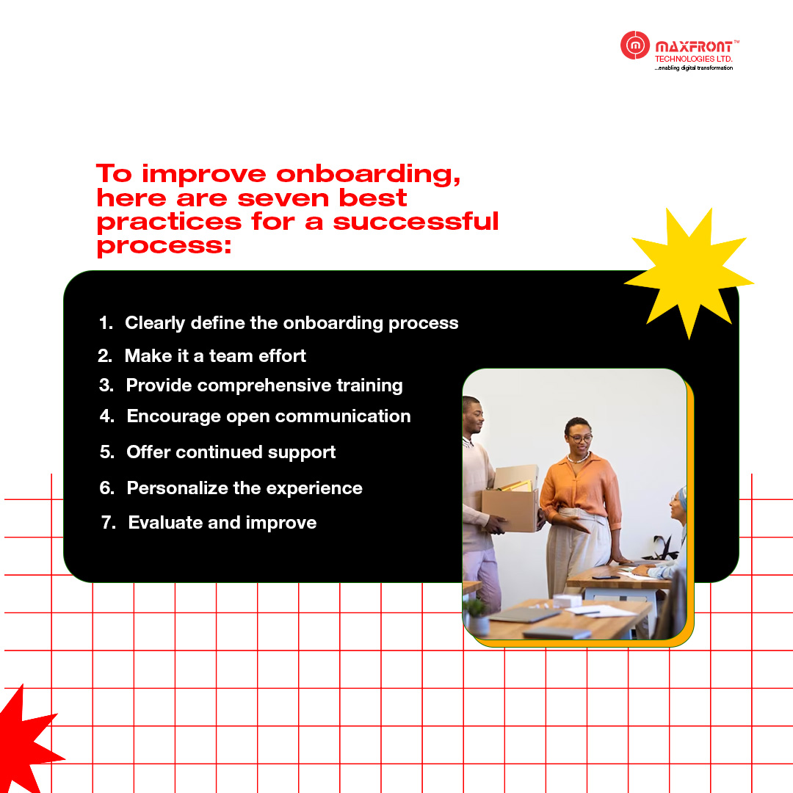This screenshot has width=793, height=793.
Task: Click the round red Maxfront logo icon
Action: point(634,45)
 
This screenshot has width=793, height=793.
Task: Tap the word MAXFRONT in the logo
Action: point(693,47)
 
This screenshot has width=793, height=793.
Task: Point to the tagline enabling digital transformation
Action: point(693,68)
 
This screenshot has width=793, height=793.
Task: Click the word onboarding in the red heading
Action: point(368,175)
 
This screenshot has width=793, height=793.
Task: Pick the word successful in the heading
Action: point(416,221)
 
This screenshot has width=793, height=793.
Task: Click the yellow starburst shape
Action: point(689,273)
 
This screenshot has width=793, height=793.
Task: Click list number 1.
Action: point(106,322)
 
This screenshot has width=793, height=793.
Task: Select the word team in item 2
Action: point(231,356)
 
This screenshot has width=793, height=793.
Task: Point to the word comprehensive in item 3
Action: point(264,386)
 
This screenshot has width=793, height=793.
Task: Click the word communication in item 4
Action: point(343,416)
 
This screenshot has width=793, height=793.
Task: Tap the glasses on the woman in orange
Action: point(580,438)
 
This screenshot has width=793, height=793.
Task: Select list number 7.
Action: point(108,523)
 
